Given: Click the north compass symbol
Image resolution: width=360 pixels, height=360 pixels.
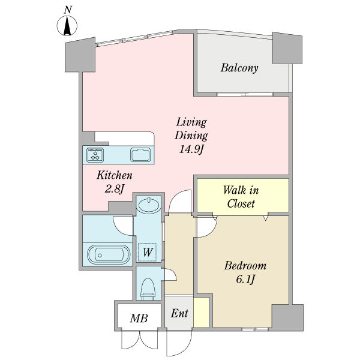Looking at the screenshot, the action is (67, 25).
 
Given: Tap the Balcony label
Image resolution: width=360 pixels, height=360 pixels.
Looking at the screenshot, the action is (239, 68).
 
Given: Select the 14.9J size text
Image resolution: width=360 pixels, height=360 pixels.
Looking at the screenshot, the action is (191, 149).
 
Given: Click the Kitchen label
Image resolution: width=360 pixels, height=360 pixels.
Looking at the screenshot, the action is (115, 175).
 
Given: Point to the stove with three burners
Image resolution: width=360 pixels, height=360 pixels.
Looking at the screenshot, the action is (95, 155).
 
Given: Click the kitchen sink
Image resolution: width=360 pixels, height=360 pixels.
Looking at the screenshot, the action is (140, 155).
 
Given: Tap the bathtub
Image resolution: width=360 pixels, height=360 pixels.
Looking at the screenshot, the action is (109, 255).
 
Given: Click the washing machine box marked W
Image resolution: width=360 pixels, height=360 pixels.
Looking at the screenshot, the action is (147, 253).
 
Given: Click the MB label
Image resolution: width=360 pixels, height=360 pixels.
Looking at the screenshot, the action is (139, 318).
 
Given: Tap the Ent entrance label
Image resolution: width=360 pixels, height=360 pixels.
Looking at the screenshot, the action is (179, 313).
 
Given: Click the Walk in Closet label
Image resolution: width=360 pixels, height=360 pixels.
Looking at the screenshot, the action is (241, 197).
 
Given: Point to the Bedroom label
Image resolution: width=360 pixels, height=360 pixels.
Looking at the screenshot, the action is (245, 266).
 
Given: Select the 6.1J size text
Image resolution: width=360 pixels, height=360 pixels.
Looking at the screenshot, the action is (245, 280).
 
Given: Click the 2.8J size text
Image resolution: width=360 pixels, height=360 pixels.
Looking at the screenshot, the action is (115, 189).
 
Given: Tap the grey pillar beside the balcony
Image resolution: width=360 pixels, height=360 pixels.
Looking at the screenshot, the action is (287, 48).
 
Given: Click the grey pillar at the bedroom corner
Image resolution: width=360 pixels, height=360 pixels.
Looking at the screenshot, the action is (287, 317).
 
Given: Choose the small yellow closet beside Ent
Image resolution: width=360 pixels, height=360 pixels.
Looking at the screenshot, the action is (202, 312).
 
